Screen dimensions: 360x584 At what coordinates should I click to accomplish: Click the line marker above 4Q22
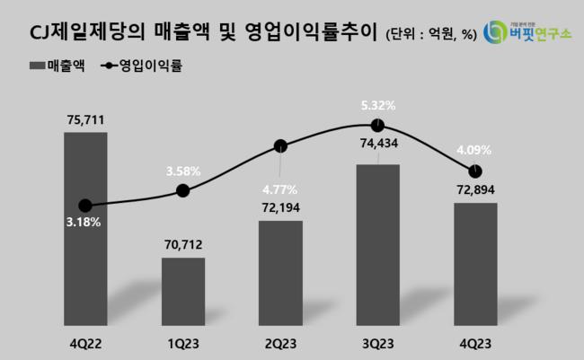85,205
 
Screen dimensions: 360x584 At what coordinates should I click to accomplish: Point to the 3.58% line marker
183,189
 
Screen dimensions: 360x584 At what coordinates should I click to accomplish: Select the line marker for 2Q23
280,145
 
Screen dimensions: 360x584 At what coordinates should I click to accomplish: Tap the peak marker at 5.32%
378,125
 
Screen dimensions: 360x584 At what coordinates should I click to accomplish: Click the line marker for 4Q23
475,171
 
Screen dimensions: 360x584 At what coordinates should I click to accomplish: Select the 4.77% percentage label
280,189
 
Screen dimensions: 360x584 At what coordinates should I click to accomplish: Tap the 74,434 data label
378,144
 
